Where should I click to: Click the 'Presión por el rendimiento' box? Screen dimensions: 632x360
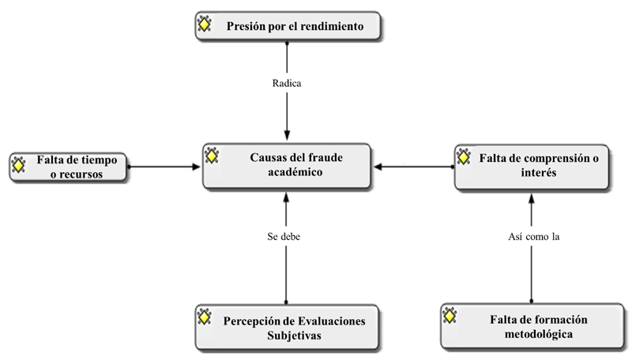coord(288,26)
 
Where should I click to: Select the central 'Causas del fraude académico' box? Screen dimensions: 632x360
coord(287,166)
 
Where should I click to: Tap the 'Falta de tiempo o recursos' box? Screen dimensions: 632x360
coord(68,167)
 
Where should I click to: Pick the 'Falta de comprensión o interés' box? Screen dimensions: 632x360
coord(531,167)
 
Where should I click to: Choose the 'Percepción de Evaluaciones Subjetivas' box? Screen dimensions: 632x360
coord(287,327)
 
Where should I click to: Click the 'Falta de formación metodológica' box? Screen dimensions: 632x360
coord(532,326)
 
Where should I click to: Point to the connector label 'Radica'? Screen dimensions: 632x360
coord(287,84)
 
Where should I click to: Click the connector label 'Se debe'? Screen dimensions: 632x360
coord(284,236)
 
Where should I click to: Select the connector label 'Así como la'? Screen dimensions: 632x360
coord(534,236)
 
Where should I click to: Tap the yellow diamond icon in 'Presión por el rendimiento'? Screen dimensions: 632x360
coord(205,24)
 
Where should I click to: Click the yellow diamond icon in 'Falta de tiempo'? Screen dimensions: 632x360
coord(18,165)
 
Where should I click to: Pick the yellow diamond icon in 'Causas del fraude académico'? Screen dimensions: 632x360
coord(212,156)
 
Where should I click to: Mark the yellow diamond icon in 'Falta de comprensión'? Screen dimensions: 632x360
coord(464,157)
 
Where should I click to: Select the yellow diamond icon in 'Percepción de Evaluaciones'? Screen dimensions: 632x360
coord(205,317)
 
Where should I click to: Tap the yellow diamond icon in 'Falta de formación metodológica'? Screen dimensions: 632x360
coord(450,316)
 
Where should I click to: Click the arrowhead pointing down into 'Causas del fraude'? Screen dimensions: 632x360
coord(287,135)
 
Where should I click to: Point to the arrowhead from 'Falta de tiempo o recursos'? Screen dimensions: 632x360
coord(196,167)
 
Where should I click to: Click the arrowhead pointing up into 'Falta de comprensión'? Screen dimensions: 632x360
coord(531,198)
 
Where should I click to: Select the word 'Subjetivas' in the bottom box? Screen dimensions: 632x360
coord(294,336)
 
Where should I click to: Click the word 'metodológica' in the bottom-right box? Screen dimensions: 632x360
coord(539,334)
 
